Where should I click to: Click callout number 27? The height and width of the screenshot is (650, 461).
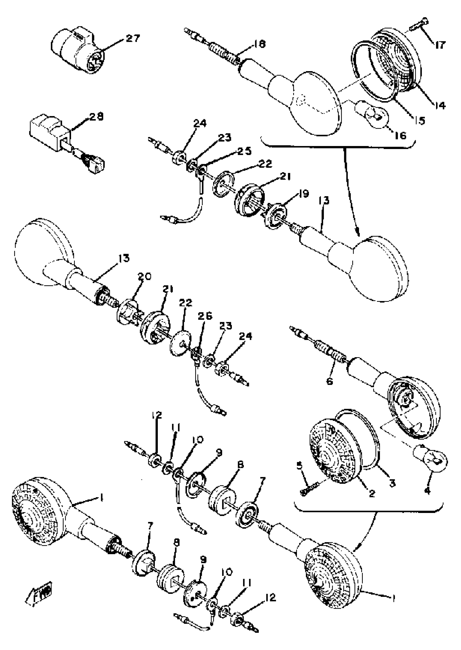click(133, 38)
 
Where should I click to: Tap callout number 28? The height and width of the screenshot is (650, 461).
click(97, 116)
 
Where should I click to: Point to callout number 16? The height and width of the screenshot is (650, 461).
click(401, 135)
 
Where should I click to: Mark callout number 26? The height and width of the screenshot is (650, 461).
click(205, 316)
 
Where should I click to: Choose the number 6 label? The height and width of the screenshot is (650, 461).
click(329, 381)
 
